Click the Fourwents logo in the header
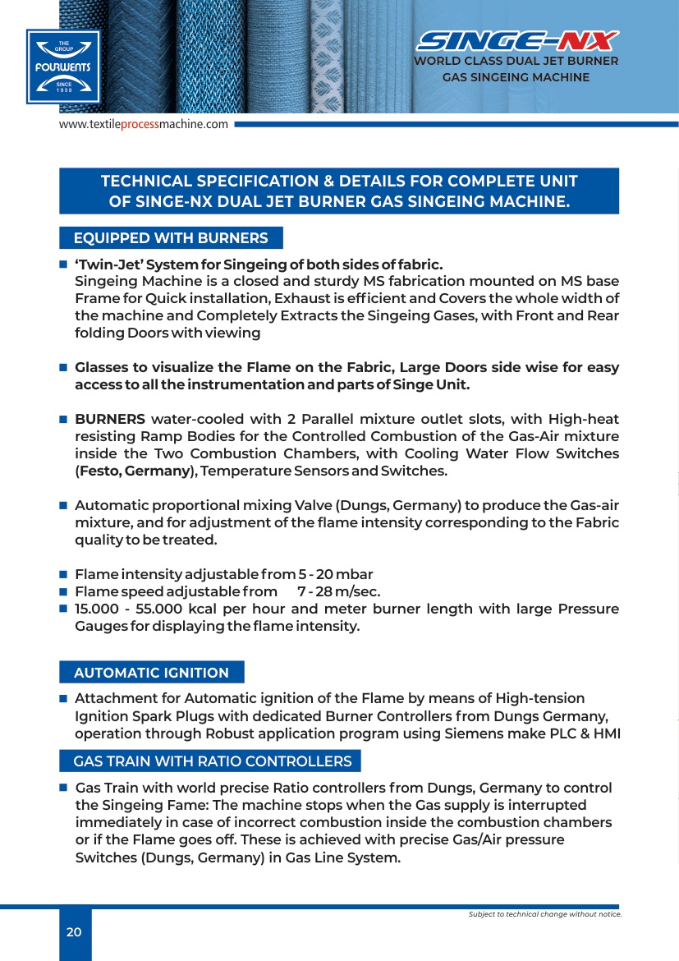[62, 67]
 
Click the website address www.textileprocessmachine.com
[143, 124]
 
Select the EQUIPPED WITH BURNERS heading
[171, 238]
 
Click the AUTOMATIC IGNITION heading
[151, 673]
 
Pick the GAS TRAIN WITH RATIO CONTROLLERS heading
[212, 761]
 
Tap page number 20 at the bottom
[74, 931]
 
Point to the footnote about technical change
[544, 914]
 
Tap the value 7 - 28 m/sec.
[338, 591]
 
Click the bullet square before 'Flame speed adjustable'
[62, 591]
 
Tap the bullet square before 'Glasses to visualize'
[62, 368]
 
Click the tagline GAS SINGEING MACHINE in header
[516, 77]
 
